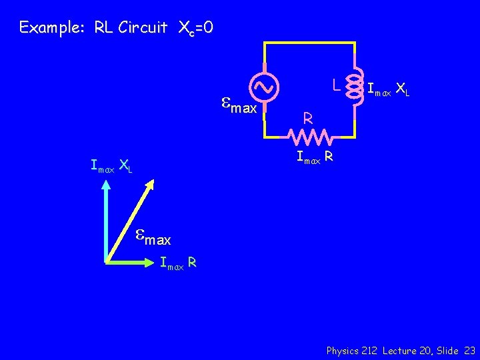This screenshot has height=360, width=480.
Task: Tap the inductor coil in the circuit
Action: pos(353,86)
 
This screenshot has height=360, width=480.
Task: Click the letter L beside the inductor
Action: pos(337,85)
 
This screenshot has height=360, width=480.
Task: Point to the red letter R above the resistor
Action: pos(307,119)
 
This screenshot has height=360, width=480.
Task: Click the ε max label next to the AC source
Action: pos(239,105)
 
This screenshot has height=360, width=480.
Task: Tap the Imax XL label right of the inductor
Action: pos(389,89)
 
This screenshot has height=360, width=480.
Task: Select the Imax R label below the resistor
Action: pos(315,158)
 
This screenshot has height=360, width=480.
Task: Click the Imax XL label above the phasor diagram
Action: pos(112,165)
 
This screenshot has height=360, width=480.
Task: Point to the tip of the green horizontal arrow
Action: pos(155,262)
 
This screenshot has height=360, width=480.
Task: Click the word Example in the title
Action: pos(45,27)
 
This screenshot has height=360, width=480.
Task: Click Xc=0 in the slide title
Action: pos(195,28)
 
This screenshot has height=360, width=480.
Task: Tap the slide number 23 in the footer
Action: pos(469,350)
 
